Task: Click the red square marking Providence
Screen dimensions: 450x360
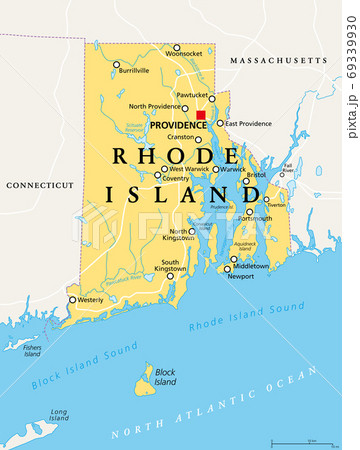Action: tap(200, 116)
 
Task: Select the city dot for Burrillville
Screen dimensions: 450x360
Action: tap(117, 64)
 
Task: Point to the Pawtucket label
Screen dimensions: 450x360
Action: tap(192, 95)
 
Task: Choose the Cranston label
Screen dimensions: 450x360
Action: tap(181, 136)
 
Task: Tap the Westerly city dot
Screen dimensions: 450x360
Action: tap(71, 299)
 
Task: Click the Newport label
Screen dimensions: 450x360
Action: tap(240, 277)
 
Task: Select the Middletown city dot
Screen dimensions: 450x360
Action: tap(234, 259)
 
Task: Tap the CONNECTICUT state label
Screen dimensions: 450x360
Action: tap(39, 185)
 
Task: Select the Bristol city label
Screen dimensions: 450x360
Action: tap(257, 174)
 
